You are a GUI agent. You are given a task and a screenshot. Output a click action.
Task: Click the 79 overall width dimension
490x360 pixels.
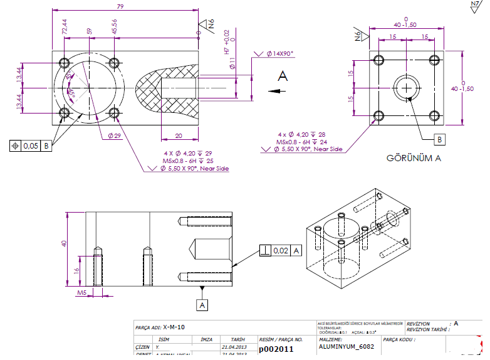tap(119, 6)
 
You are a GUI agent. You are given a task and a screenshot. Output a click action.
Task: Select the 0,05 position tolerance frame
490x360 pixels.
tap(31, 146)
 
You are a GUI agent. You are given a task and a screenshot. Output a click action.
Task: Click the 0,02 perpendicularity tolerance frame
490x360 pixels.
tap(281, 250)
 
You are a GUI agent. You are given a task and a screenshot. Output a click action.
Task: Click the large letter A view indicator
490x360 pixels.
tap(283, 76)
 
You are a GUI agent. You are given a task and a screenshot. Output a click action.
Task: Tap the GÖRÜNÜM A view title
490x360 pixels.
tap(414, 158)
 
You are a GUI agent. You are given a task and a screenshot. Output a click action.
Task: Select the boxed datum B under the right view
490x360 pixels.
tap(439, 139)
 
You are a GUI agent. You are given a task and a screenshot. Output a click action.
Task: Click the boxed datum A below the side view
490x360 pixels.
tap(202, 304)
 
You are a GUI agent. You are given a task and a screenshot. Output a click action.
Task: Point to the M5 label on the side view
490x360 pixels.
tap(81, 293)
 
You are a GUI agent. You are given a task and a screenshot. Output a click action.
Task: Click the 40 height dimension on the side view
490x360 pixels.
tap(63, 244)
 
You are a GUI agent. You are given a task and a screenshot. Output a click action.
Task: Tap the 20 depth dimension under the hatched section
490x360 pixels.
tap(179, 135)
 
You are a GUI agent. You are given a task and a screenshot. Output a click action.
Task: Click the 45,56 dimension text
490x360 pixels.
tap(114, 27)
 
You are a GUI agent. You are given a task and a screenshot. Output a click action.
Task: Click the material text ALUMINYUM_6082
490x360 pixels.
tap(347, 346)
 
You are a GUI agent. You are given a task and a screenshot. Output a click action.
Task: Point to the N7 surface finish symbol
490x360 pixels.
tap(476, 7)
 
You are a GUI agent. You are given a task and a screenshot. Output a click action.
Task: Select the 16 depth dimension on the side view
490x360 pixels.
tap(76, 270)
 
